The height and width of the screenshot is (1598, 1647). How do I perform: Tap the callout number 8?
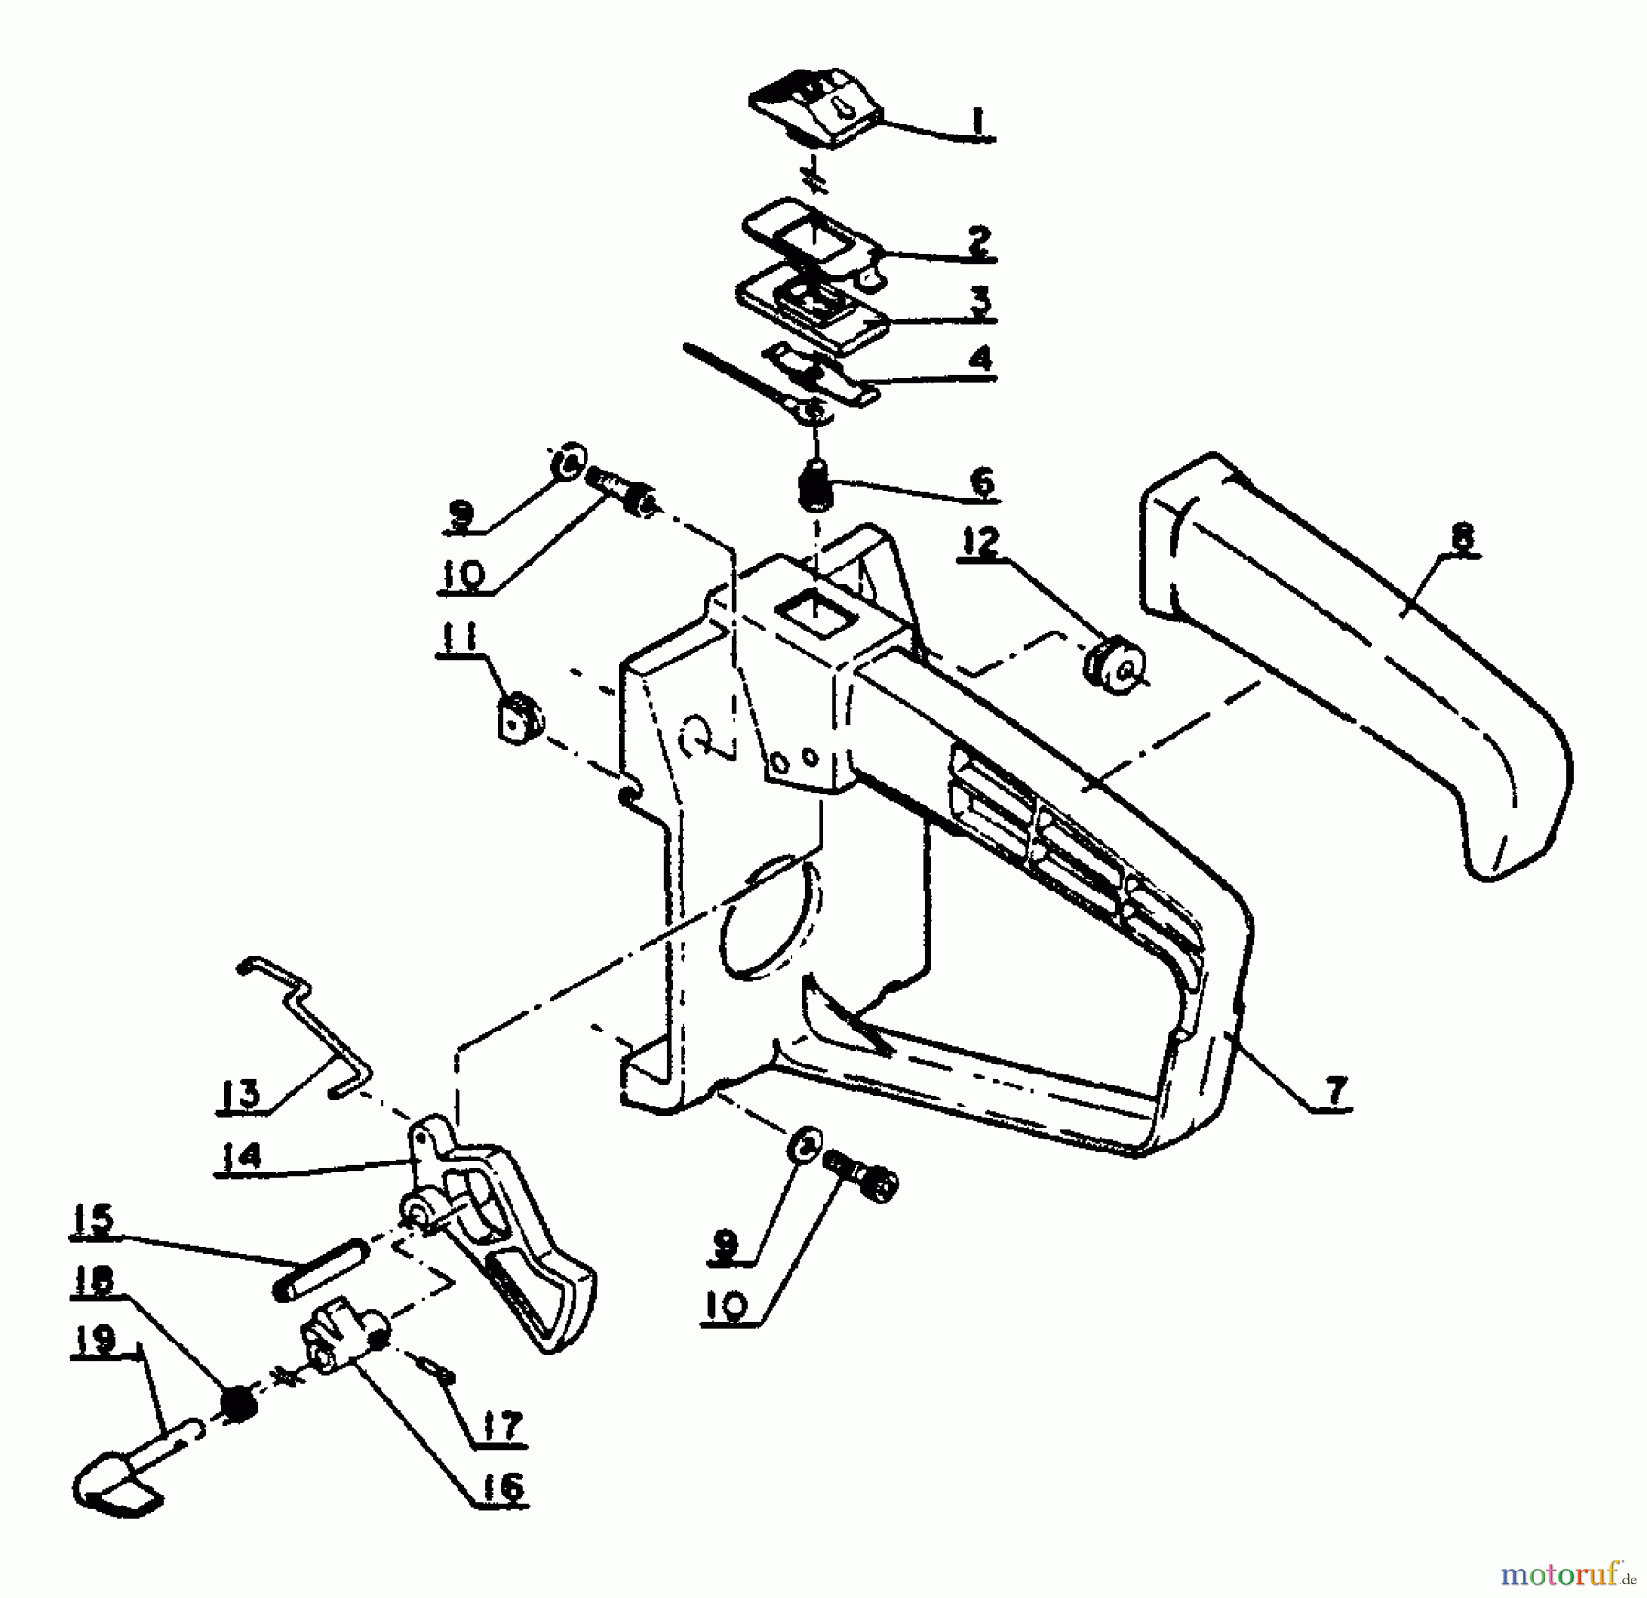(1462, 535)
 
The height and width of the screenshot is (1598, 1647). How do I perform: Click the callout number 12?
(981, 543)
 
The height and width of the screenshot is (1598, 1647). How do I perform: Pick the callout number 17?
(501, 1425)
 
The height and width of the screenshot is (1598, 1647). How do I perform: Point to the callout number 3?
(980, 300)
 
